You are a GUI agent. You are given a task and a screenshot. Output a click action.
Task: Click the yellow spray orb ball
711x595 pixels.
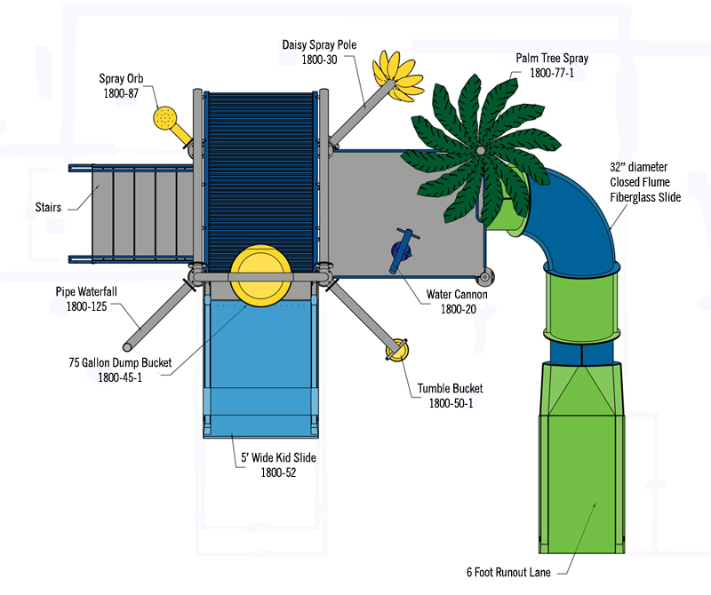[x=165, y=117]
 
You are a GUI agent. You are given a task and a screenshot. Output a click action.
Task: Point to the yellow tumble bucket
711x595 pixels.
[x=396, y=350]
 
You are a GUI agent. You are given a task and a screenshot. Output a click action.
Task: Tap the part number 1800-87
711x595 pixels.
[x=120, y=92]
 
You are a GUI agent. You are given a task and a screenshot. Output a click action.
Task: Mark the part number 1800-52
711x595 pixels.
[x=278, y=472]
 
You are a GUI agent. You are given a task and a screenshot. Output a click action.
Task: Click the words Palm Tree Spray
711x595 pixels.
[x=552, y=59]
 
